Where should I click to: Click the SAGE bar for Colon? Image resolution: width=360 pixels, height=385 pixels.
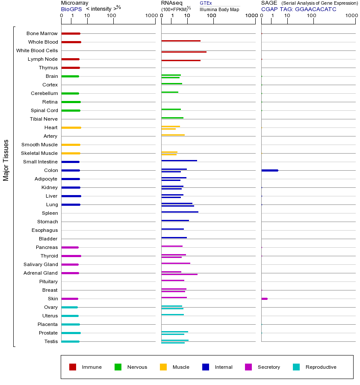(x=269, y=170)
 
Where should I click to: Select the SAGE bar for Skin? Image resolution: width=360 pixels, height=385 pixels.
(x=264, y=299)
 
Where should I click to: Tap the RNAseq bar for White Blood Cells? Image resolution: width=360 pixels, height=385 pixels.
(x=184, y=52)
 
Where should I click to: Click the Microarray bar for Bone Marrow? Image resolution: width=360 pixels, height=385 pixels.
(x=71, y=33)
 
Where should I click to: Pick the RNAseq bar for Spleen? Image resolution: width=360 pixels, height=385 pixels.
(x=180, y=212)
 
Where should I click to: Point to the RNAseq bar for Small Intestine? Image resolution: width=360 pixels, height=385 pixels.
(x=179, y=160)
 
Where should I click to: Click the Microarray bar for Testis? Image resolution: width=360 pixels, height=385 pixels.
(x=70, y=341)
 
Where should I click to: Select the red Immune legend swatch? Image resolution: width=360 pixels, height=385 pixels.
(x=73, y=367)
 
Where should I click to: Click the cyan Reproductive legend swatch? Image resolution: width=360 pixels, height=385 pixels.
(x=296, y=367)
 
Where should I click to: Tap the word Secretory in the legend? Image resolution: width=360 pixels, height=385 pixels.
(x=269, y=367)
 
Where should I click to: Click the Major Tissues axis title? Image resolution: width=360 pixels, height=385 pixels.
(x=6, y=160)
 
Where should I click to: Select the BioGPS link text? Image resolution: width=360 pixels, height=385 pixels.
(x=71, y=9)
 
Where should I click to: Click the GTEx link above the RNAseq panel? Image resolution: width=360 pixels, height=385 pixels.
(x=206, y=3)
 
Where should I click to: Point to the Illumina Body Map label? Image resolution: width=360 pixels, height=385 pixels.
(x=219, y=9)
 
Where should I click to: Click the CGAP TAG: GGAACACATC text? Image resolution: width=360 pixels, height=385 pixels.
(x=298, y=9)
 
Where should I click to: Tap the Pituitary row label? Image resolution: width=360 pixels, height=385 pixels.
(x=48, y=281)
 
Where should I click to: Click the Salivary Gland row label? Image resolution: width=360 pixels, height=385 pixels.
(x=41, y=264)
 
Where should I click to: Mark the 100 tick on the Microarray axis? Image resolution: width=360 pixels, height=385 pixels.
(x=112, y=16)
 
